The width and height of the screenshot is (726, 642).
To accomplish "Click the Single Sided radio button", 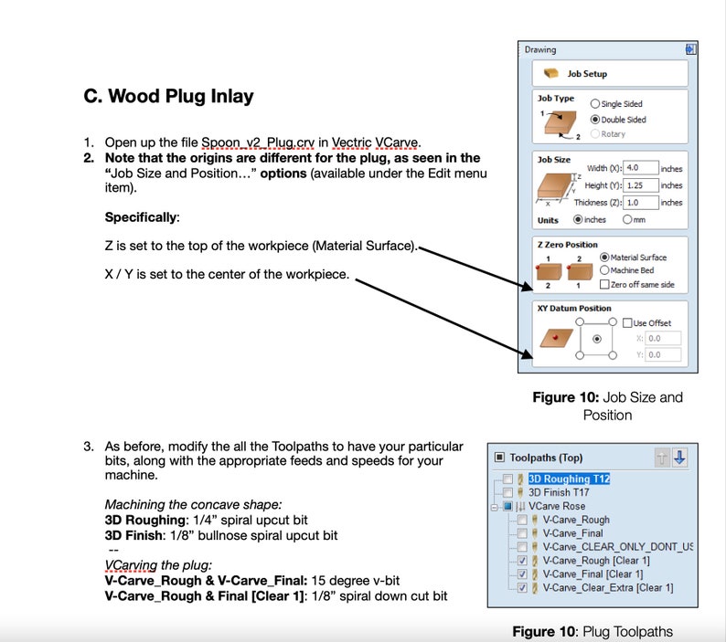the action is (595, 103).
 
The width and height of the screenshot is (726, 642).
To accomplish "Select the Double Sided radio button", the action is (595, 120).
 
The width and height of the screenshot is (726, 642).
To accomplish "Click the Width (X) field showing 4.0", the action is (641, 168).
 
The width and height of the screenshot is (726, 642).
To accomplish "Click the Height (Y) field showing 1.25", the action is (641, 185).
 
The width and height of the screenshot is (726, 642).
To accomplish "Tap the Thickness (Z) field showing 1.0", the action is (641, 202).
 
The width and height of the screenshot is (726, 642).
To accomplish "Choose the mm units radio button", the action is (627, 219).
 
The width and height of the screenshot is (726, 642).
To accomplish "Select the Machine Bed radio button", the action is (604, 270).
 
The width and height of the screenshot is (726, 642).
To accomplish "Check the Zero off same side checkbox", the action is (604, 284).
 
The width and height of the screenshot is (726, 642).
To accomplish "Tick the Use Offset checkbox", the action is (627, 323).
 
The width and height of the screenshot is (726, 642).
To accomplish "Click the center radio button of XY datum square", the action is (597, 339).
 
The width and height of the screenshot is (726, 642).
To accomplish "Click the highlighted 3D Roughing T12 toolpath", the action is (569, 479).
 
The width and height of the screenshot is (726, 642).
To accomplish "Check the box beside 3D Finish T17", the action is (507, 492).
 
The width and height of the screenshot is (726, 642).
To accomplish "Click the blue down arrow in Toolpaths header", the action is (679, 458).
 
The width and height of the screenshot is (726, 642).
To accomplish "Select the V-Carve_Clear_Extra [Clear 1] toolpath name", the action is (608, 588).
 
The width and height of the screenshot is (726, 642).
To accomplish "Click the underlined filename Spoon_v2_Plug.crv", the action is (258, 142).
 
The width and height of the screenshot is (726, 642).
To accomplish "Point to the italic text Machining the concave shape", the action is (193, 504).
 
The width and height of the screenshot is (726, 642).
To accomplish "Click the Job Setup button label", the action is (587, 74).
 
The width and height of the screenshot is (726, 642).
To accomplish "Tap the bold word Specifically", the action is (142, 217).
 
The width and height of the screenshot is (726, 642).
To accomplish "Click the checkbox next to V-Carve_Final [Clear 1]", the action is (522, 574).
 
